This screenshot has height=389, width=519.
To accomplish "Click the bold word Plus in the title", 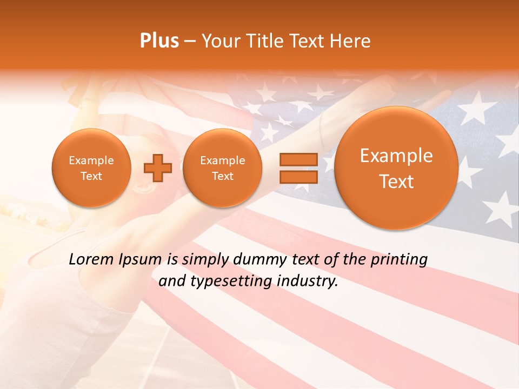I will click(159, 41).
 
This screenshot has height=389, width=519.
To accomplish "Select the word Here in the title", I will click(351, 41).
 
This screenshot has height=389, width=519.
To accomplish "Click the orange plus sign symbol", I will click(157, 168).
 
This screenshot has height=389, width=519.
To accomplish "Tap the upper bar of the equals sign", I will click(298, 159).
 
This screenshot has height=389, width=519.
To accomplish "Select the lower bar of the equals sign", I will click(298, 177).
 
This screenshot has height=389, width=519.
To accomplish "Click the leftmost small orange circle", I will click(91, 168).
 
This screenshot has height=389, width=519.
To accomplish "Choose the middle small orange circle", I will click(222, 168).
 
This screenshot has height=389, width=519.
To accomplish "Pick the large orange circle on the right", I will click(396, 168).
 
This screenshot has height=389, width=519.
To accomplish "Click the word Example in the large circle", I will click(396, 156).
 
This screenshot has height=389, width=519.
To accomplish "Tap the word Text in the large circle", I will click(396, 182).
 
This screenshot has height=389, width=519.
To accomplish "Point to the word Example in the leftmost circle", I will click(91, 160).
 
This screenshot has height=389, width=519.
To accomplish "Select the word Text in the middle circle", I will click(222, 176).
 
